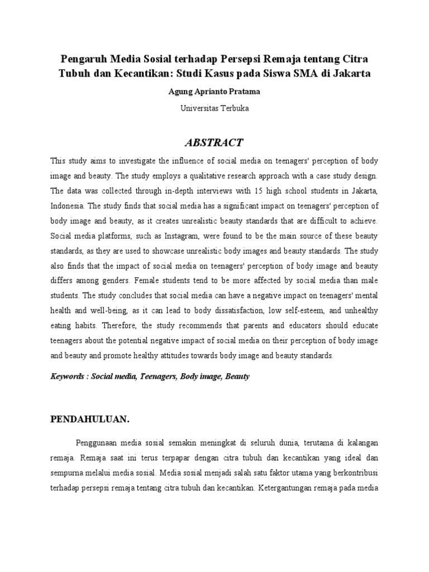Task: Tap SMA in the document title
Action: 321,73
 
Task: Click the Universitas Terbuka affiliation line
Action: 214,108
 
